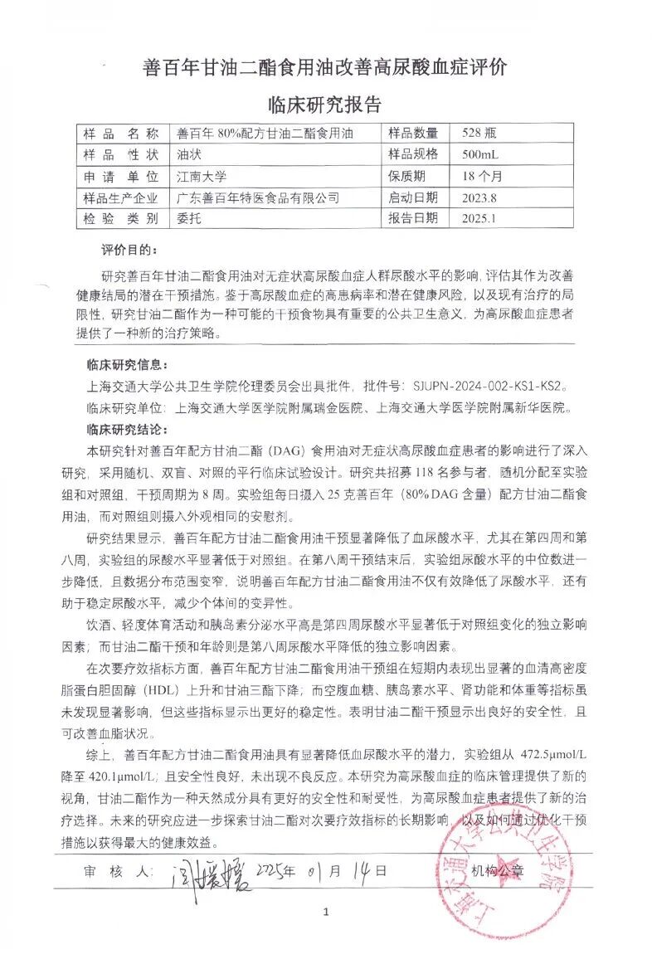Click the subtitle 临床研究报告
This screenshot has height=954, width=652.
tap(325, 105)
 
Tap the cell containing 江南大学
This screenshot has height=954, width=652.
tap(202, 176)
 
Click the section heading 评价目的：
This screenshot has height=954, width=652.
tap(128, 250)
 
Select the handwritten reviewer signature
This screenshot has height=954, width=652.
tap(204, 874)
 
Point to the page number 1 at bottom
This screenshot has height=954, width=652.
tap(326, 912)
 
